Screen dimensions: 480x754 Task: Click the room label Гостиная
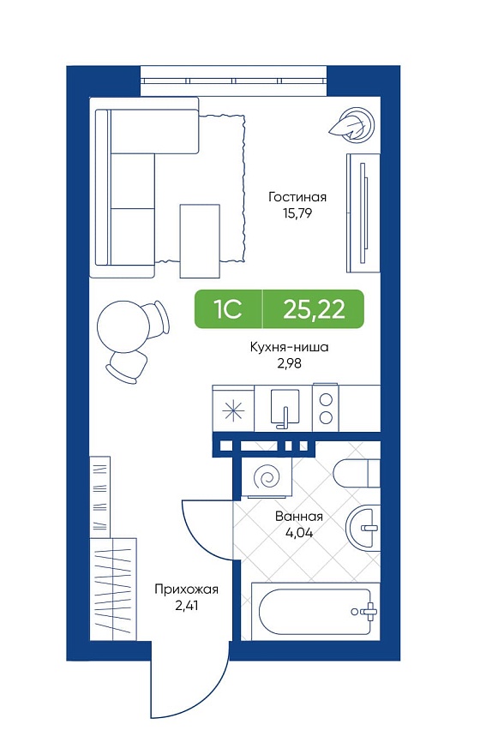point(297,197)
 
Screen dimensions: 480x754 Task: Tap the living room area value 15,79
point(297,213)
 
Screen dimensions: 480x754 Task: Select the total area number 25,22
point(314,309)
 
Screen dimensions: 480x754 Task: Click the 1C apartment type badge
point(228,309)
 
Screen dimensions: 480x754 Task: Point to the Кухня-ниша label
point(289,347)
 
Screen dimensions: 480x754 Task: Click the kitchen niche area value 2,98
point(289,363)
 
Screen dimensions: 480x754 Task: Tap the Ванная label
point(298,517)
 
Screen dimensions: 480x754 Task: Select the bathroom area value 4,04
point(298,533)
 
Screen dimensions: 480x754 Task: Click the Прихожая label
point(187,589)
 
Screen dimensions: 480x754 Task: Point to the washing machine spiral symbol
point(267,476)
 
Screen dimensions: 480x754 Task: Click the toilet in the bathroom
point(356,473)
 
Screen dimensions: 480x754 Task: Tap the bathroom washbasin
point(363,529)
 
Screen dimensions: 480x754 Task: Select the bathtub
point(315,612)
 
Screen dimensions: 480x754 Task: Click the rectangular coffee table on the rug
point(200,241)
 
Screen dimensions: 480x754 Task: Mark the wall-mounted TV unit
point(363,213)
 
